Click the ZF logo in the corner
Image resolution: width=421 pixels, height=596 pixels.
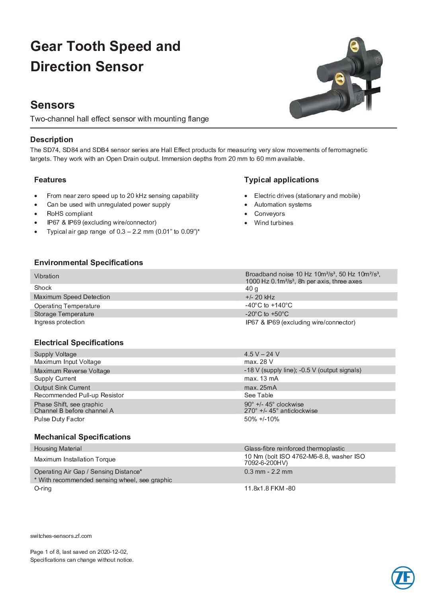[x=403, y=578]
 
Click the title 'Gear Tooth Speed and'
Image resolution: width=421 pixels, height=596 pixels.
[x=105, y=47]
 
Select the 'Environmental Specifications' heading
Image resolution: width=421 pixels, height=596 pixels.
[x=88, y=263]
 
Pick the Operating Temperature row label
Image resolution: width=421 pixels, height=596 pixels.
[x=67, y=306]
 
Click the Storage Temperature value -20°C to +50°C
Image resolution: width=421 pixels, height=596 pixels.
[x=267, y=314]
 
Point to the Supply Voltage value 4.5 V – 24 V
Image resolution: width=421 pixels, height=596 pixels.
[x=262, y=354]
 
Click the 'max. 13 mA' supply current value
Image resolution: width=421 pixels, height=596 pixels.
[x=261, y=379]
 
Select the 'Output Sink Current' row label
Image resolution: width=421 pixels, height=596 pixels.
[x=62, y=387]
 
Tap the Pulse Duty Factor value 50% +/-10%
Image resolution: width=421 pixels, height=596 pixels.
[x=261, y=419]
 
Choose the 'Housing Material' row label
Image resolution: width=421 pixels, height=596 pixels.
[x=58, y=448]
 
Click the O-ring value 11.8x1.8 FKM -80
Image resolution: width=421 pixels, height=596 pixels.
[x=270, y=489]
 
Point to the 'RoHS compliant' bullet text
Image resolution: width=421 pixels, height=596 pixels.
[x=70, y=214]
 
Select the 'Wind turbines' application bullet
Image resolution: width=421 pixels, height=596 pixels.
[x=274, y=223]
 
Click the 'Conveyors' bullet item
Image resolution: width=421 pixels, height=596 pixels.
[x=269, y=214]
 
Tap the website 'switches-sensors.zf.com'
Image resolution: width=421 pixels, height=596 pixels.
[x=61, y=536]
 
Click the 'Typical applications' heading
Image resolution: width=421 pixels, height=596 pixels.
[x=281, y=180]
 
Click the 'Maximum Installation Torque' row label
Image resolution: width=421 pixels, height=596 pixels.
[x=75, y=459]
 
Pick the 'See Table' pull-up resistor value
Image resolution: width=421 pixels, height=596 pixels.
[x=259, y=395]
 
